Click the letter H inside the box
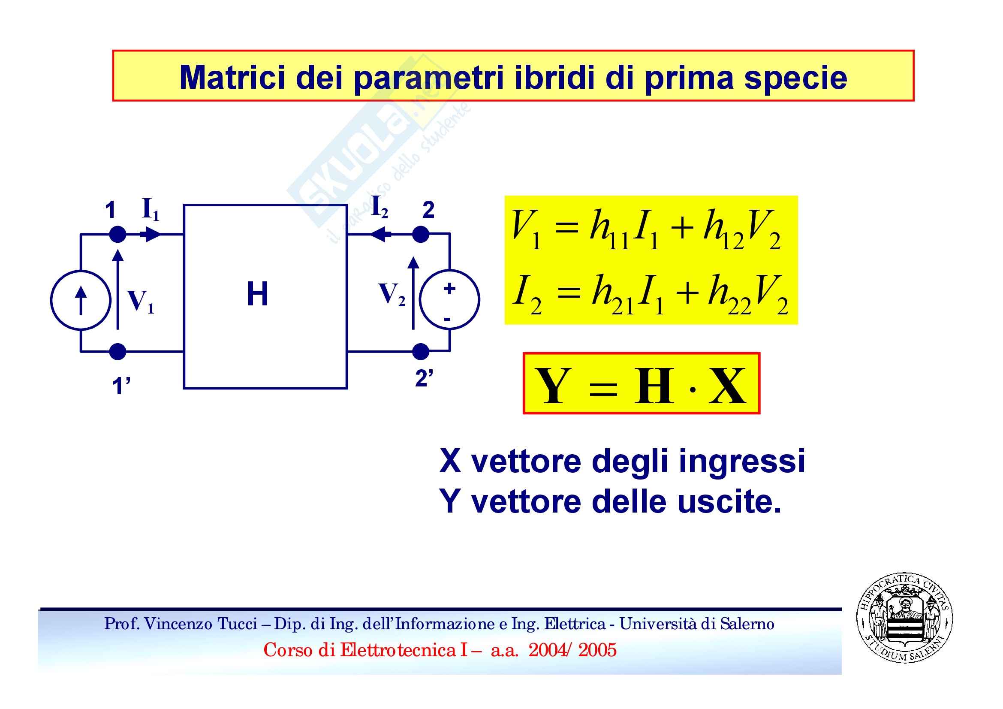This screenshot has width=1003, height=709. coord(257,293)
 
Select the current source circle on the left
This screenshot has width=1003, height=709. coord(80,300)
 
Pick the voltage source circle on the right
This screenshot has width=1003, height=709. coord(449,300)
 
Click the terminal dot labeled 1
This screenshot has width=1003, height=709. coord(117,235)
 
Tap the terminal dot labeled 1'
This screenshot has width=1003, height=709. coord(117,351)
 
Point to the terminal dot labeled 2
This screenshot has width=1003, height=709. coord(421,235)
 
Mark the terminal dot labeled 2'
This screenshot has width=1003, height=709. coord(421,351)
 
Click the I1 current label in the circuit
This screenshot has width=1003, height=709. coord(151,210)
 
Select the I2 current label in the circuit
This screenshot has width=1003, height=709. coord(379,207)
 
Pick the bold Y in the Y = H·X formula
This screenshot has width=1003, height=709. coord(553,385)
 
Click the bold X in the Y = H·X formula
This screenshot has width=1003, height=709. coord(727,385)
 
